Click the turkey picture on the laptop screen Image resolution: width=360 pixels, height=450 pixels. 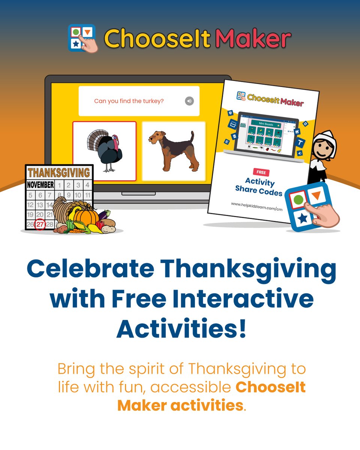point(104,151)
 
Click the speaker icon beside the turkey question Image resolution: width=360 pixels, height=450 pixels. point(189,101)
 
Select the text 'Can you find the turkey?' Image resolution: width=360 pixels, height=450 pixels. point(129,101)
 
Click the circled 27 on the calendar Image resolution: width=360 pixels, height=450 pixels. point(40,225)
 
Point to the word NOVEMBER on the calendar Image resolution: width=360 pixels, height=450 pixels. point(40,185)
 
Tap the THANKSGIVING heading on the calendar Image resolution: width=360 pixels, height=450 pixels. point(59,172)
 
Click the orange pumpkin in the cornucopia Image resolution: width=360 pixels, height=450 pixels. point(86,216)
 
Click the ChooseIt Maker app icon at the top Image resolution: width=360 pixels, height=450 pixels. point(82,38)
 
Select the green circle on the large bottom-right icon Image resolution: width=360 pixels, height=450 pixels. point(298,198)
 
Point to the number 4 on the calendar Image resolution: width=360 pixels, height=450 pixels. point(87,185)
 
